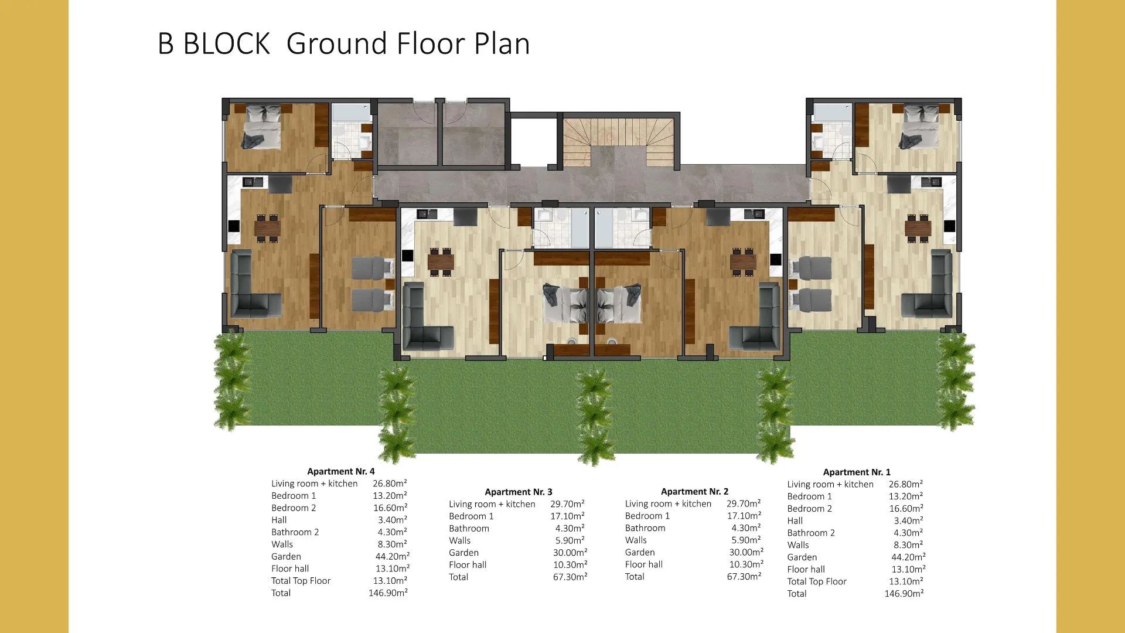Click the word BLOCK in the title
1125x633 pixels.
coord(227,44)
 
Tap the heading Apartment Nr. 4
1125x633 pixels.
coord(341,471)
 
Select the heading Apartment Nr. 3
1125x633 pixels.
coord(519,492)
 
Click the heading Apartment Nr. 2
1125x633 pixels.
coord(694,491)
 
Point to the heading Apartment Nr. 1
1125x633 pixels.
coord(857,472)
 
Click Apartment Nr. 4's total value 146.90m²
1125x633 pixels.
coord(388,593)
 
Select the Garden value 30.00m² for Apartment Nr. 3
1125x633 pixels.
coord(570,552)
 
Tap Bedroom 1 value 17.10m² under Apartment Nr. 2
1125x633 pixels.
coord(744,516)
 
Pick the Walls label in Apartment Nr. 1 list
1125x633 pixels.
coord(798,545)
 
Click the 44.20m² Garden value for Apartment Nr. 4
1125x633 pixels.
coord(393,556)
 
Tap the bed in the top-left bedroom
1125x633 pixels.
coord(262,127)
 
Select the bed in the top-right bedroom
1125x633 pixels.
coord(919,127)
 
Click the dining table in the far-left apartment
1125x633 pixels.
coord(267,227)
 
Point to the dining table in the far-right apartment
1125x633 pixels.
coord(918,227)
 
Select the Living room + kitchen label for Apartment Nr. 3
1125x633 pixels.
coord(492,504)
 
